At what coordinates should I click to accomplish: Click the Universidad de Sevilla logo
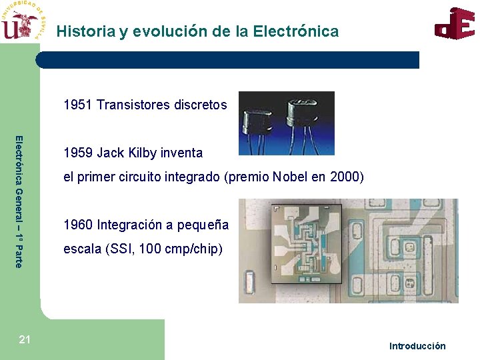23,22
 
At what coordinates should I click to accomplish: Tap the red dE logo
455,24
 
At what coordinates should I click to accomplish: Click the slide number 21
25,340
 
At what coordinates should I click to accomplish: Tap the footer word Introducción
417,345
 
